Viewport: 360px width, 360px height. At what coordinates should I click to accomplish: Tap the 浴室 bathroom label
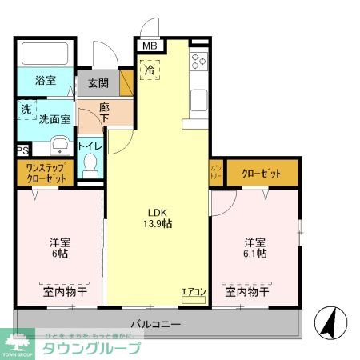click(x=45, y=80)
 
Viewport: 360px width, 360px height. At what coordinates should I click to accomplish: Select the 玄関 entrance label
click(x=98, y=83)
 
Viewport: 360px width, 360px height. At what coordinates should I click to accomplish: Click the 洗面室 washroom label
click(x=55, y=118)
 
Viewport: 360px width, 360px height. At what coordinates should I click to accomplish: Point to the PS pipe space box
click(x=22, y=149)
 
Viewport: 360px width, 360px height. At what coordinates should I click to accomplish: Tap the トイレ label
click(x=90, y=146)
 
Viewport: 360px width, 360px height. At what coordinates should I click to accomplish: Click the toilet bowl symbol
click(x=90, y=167)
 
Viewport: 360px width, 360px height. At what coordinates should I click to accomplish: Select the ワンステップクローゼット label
click(x=46, y=173)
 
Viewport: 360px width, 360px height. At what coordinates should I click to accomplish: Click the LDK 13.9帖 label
click(x=157, y=218)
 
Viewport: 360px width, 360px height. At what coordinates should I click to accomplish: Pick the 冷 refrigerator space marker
click(x=150, y=70)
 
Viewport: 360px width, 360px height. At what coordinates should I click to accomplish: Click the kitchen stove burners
click(x=198, y=62)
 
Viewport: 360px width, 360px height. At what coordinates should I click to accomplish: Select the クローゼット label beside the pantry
click(x=262, y=172)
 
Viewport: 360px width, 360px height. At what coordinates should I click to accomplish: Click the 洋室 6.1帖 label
click(x=255, y=247)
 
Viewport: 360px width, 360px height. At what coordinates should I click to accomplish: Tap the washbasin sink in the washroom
click(x=58, y=146)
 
